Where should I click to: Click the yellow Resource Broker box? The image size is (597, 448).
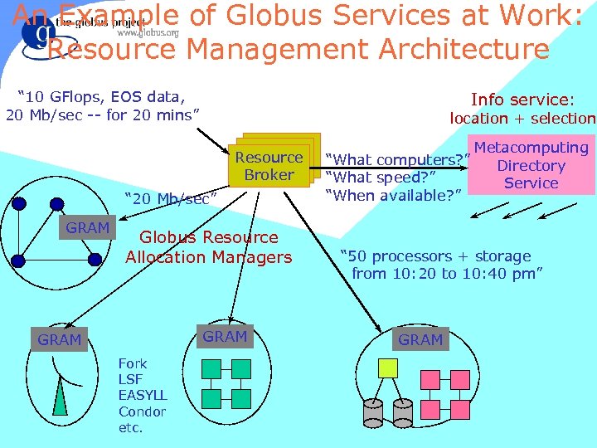pyautogui.click(x=269, y=166)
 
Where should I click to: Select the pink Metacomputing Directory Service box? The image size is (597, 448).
pyautogui.click(x=531, y=165)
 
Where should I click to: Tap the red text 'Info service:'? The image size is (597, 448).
pyautogui.click(x=533, y=99)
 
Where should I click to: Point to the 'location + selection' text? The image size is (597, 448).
pyautogui.click(x=522, y=118)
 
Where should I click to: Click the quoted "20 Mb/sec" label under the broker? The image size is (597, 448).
pyautogui.click(x=170, y=199)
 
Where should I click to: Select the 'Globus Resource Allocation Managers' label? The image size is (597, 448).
pyautogui.click(x=209, y=247)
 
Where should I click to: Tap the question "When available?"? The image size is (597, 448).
pyautogui.click(x=393, y=195)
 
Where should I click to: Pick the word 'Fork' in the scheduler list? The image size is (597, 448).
pyautogui.click(x=133, y=363)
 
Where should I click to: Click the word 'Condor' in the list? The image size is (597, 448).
pyautogui.click(x=142, y=411)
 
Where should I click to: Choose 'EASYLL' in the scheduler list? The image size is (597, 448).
pyautogui.click(x=143, y=395)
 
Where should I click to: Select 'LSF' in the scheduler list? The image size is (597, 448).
pyautogui.click(x=130, y=379)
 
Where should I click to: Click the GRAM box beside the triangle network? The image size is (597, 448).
pyautogui.click(x=88, y=227)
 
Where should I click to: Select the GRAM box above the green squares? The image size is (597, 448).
pyautogui.click(x=225, y=336)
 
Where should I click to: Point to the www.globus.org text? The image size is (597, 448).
pyautogui.click(x=148, y=32)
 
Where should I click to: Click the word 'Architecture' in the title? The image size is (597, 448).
pyautogui.click(x=463, y=50)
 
